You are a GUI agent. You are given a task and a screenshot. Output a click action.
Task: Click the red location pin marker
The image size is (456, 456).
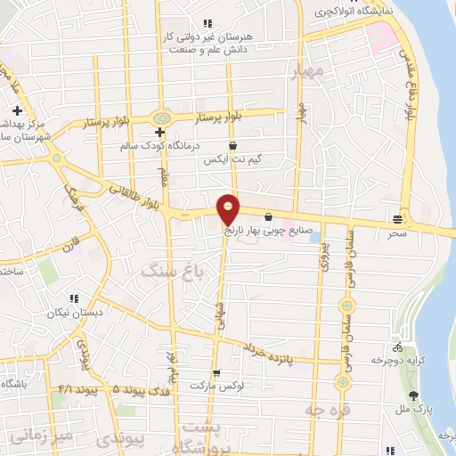(229, 208)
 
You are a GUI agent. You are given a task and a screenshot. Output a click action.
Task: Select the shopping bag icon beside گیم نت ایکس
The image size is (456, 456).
(233, 145)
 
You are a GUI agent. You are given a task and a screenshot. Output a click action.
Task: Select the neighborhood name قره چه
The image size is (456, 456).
(324, 410)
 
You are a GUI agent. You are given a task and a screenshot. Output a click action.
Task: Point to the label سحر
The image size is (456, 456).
(397, 232)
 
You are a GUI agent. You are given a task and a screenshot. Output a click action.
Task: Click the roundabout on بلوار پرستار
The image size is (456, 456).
(161, 118)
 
